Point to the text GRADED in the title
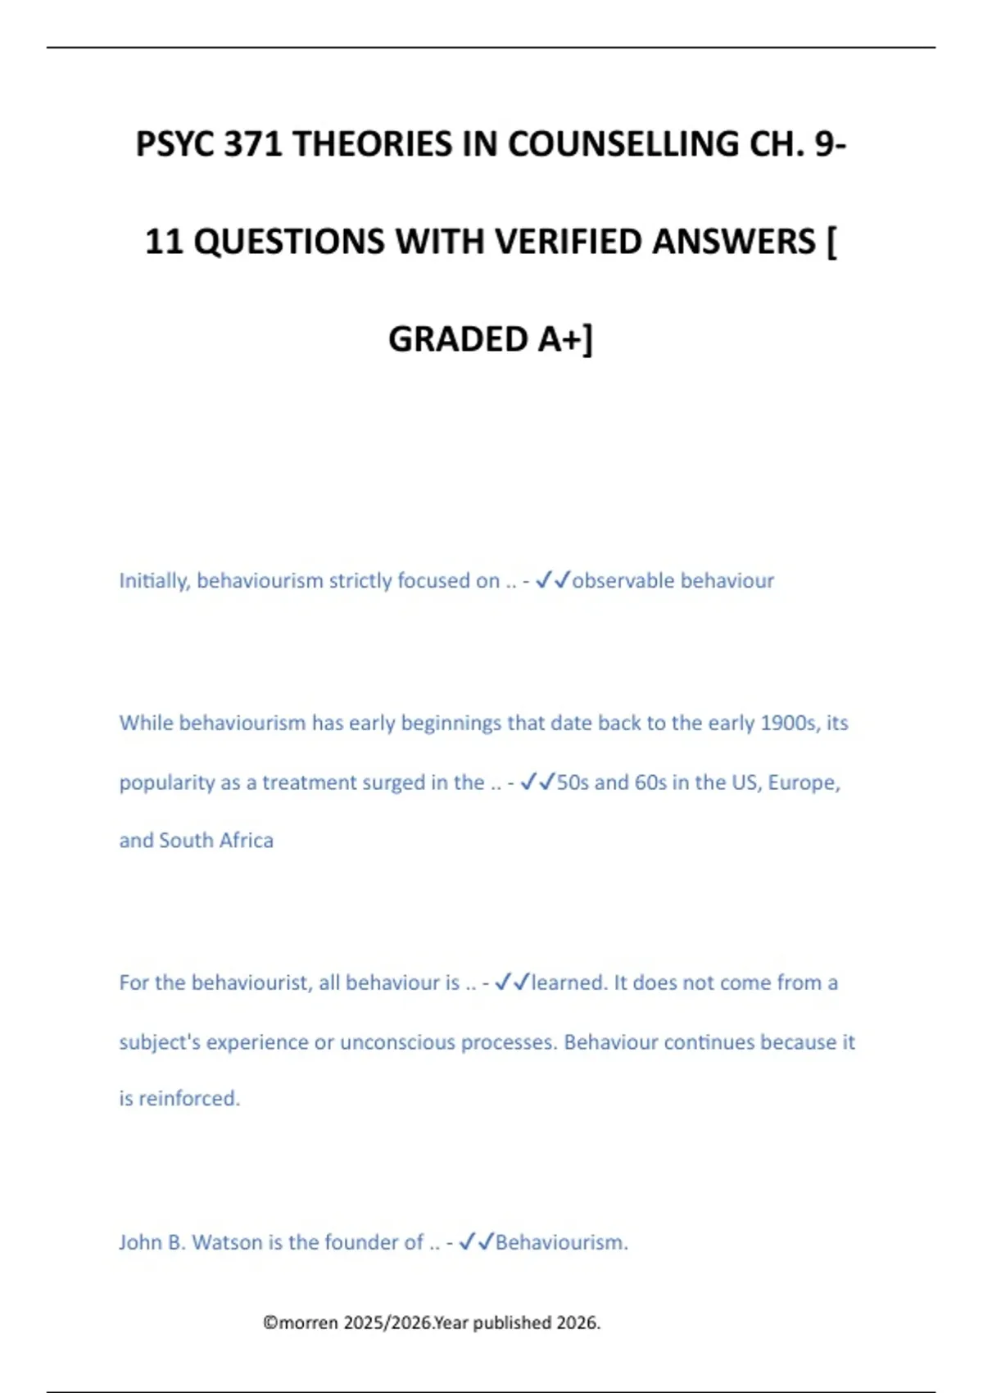(458, 340)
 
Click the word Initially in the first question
(155, 581)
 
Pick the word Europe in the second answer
(804, 783)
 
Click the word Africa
(246, 841)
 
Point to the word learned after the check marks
(569, 982)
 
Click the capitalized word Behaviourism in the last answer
(561, 1242)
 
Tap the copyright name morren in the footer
(309, 1323)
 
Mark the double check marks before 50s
(538, 783)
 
